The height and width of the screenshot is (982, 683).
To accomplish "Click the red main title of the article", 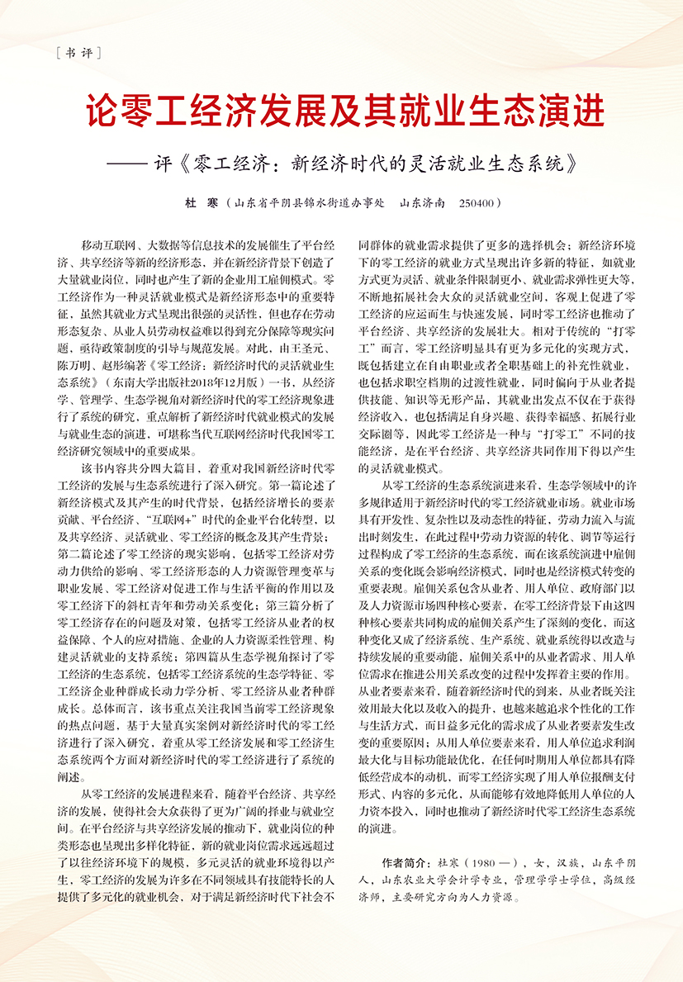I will pyautogui.click(x=341, y=111).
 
